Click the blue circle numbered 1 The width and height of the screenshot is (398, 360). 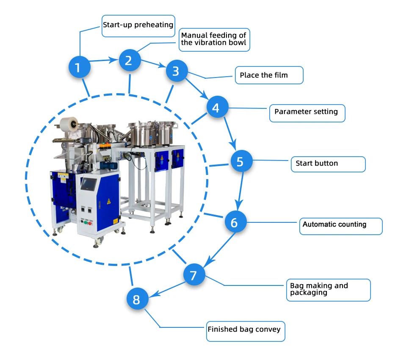(x=79, y=67)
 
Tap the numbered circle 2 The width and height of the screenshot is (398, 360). (x=129, y=60)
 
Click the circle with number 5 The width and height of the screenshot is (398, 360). (x=241, y=161)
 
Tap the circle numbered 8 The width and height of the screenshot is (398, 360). (x=137, y=300)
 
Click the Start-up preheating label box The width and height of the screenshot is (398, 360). (x=138, y=25)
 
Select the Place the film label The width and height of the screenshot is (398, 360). (x=269, y=75)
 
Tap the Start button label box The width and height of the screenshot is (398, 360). (x=328, y=163)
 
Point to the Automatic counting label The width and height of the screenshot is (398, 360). (x=341, y=225)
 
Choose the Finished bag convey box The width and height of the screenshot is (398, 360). (x=246, y=329)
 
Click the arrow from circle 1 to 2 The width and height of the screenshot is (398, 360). (x=104, y=61)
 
